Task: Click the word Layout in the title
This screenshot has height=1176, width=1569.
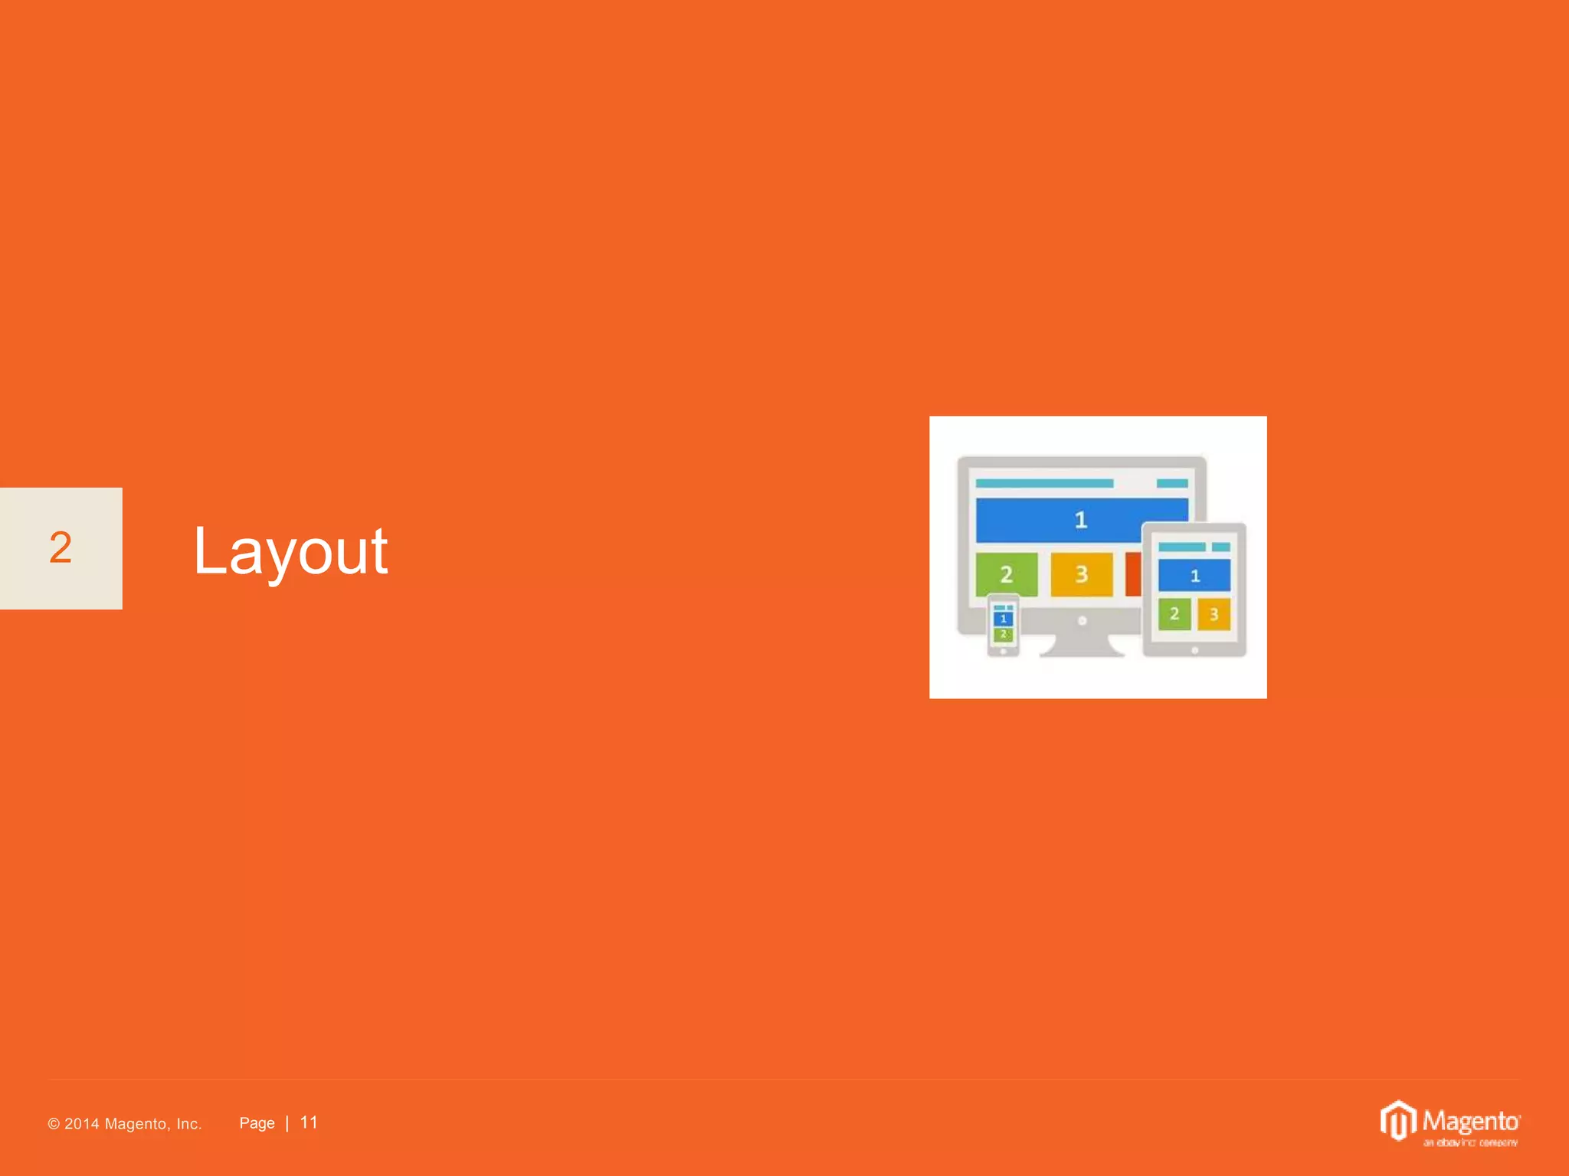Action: pos(290,551)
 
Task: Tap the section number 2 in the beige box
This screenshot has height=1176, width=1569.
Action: pos(61,548)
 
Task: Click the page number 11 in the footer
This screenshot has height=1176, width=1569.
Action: pos(309,1122)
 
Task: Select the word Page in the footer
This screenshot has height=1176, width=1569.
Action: pos(257,1123)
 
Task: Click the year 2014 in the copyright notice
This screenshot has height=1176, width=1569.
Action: pos(82,1124)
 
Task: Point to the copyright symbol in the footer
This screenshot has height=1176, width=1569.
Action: pos(54,1124)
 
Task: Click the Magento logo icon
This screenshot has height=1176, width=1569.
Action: pos(1398,1121)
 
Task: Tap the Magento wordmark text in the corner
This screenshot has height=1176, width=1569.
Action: pos(1471,1122)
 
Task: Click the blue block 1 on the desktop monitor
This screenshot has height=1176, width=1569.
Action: pos(1080,521)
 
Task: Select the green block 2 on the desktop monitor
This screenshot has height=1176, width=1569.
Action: pos(1007,574)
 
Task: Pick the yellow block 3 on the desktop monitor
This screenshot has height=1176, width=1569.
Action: pos(1081,574)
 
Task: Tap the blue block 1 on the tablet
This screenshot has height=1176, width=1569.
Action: pos(1194,576)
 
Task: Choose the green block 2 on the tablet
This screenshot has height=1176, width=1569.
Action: pos(1174,614)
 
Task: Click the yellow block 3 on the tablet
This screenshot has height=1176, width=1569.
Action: pos(1214,614)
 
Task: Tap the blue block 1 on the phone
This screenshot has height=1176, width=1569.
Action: pos(1003,619)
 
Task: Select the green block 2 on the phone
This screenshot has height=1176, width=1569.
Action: pos(1003,635)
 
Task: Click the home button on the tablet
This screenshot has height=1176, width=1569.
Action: pos(1194,651)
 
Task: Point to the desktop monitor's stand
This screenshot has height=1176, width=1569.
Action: pos(1082,645)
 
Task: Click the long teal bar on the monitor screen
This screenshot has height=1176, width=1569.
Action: pos(1044,483)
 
